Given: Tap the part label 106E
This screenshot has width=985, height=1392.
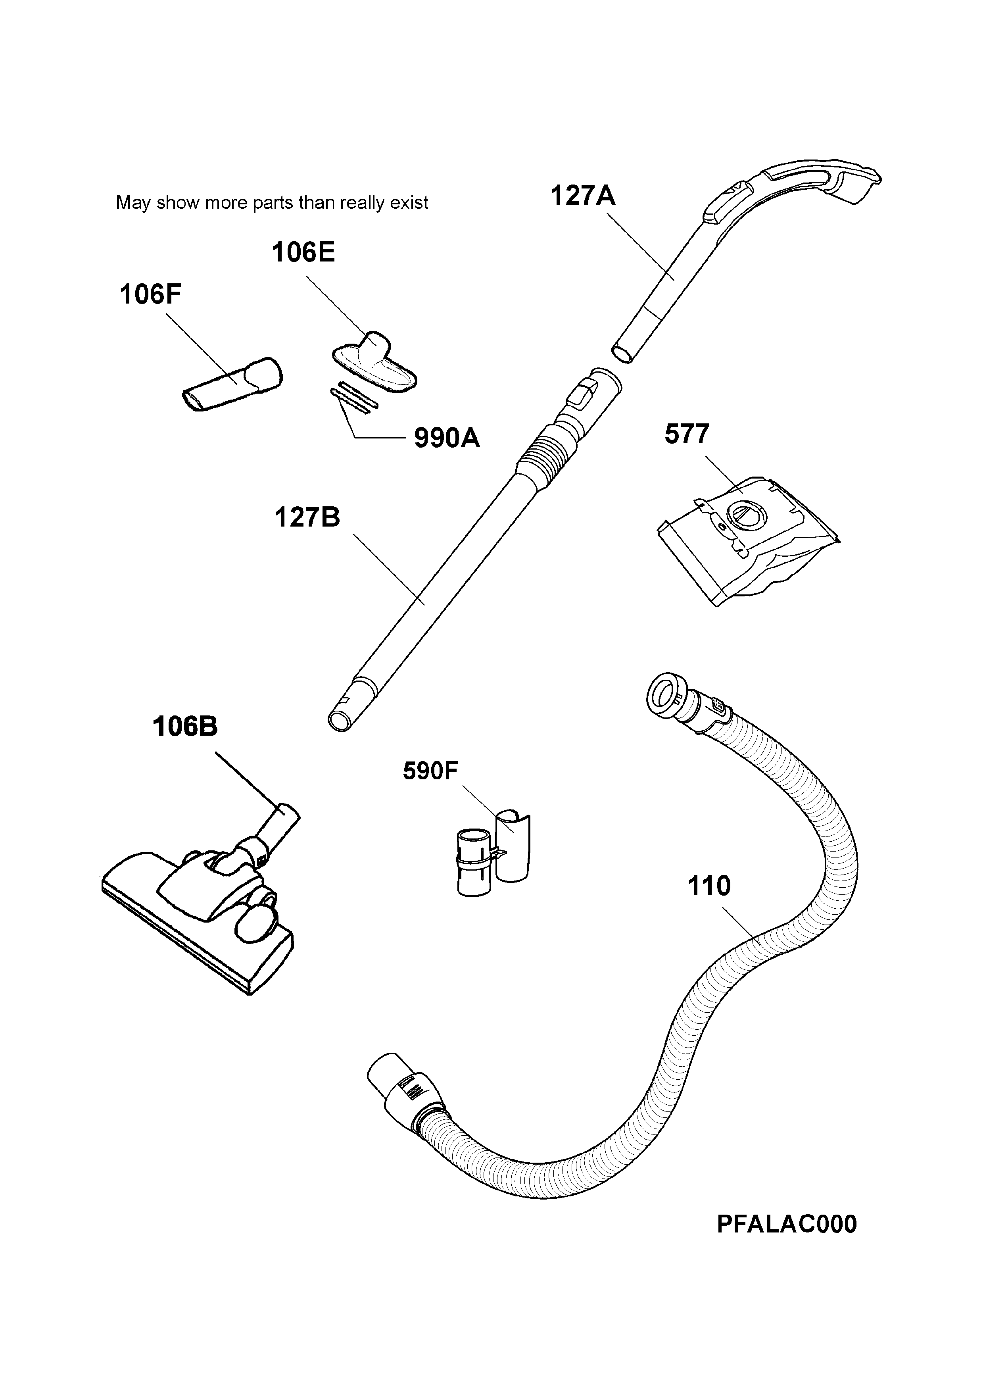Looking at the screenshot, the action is pos(303,252).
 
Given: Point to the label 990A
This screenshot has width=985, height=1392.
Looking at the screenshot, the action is pos(447,438).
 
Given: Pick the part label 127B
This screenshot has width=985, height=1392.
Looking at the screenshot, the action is pos(307,517).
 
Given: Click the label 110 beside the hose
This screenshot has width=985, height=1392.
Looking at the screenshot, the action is pos(709,886).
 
